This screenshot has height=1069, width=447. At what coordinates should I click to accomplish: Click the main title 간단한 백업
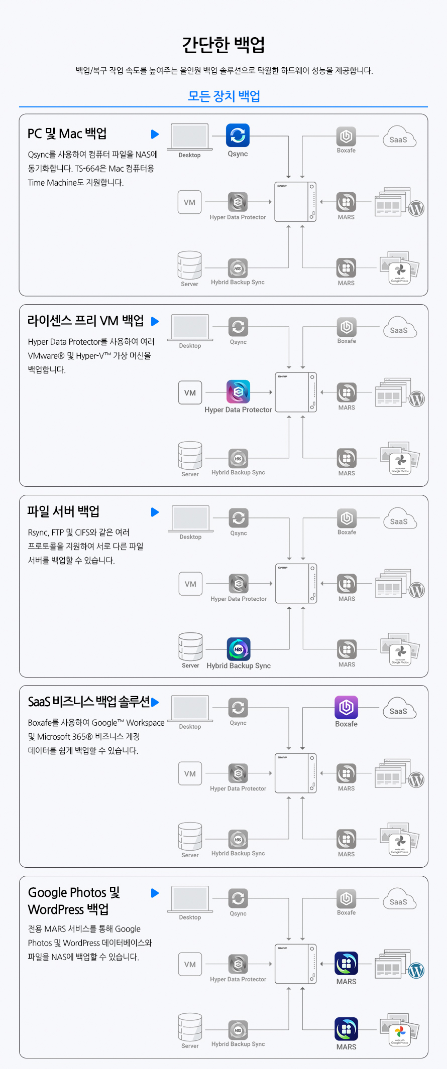coord(223,45)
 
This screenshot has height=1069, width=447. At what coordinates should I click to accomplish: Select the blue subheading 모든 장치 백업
coord(223,96)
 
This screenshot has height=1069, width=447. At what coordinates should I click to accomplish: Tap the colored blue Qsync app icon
coord(238,136)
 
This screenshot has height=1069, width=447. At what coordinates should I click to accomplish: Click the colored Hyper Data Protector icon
coord(238,392)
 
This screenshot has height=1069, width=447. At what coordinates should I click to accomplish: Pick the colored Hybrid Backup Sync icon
coord(239,649)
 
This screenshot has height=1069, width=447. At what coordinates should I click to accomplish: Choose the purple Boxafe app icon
coord(347,708)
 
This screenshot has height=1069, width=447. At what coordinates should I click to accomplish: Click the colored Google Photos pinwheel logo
coord(400,1032)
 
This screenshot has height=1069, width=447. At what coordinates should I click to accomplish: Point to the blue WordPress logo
coord(416,971)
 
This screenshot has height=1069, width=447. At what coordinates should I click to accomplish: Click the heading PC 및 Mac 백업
coord(67,133)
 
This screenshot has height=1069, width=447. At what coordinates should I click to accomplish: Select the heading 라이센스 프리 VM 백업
coord(86,321)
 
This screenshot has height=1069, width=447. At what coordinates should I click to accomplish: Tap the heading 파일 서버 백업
coord(63,511)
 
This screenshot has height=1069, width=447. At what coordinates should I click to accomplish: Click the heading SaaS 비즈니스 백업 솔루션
coord(89,702)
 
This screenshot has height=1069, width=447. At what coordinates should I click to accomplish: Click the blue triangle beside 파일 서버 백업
coord(155,512)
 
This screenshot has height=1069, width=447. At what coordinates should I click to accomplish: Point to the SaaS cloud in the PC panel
coord(399,138)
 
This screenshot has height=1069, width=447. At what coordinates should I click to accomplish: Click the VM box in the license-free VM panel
coord(190,392)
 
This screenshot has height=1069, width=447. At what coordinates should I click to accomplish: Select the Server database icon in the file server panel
coord(190,646)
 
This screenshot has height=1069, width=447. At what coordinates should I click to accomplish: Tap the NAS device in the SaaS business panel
coord(296,773)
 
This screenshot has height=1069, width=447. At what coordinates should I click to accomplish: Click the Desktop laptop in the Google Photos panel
coord(190,899)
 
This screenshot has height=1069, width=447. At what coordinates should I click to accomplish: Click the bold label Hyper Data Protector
coord(238,410)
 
